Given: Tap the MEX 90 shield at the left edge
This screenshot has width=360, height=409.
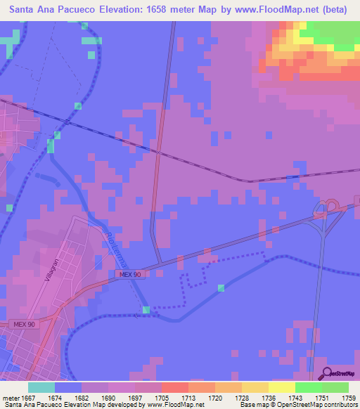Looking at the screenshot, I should (23, 324).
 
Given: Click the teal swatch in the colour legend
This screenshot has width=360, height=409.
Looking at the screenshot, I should (41, 387).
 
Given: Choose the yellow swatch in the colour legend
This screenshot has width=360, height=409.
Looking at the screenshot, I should (282, 387).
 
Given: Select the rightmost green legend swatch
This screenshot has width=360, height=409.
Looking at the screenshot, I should (335, 387).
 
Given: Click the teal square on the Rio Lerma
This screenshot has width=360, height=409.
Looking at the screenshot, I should (146, 310).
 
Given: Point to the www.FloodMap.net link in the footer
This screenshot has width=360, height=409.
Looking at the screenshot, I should (176, 405).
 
